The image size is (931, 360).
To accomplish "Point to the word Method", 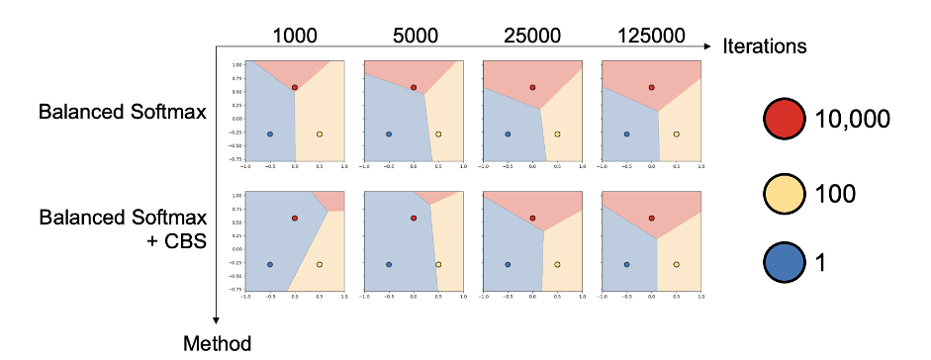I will point(218,343).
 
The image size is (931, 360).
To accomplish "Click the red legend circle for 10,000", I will point(783,119).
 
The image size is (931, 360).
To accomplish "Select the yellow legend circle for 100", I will point(783,191).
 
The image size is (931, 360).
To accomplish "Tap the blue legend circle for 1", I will point(783,262).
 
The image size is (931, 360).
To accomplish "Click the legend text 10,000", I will point(852,119).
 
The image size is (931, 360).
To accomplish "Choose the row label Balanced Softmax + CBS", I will point(122,228).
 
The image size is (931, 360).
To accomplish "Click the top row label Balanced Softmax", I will point(122,111).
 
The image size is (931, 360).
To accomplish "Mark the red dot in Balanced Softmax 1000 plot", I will point(295,87).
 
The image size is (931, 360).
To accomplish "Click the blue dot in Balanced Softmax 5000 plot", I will point(389,134).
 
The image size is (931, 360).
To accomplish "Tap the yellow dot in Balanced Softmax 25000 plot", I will point(557,134).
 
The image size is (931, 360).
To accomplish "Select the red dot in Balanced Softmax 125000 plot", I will point(651,87).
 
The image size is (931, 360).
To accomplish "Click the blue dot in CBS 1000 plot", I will point(270,264).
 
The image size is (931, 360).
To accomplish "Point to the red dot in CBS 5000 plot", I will point(414,218).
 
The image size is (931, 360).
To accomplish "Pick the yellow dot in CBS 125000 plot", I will point(676,264).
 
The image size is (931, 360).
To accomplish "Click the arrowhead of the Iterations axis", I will point(708,45).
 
